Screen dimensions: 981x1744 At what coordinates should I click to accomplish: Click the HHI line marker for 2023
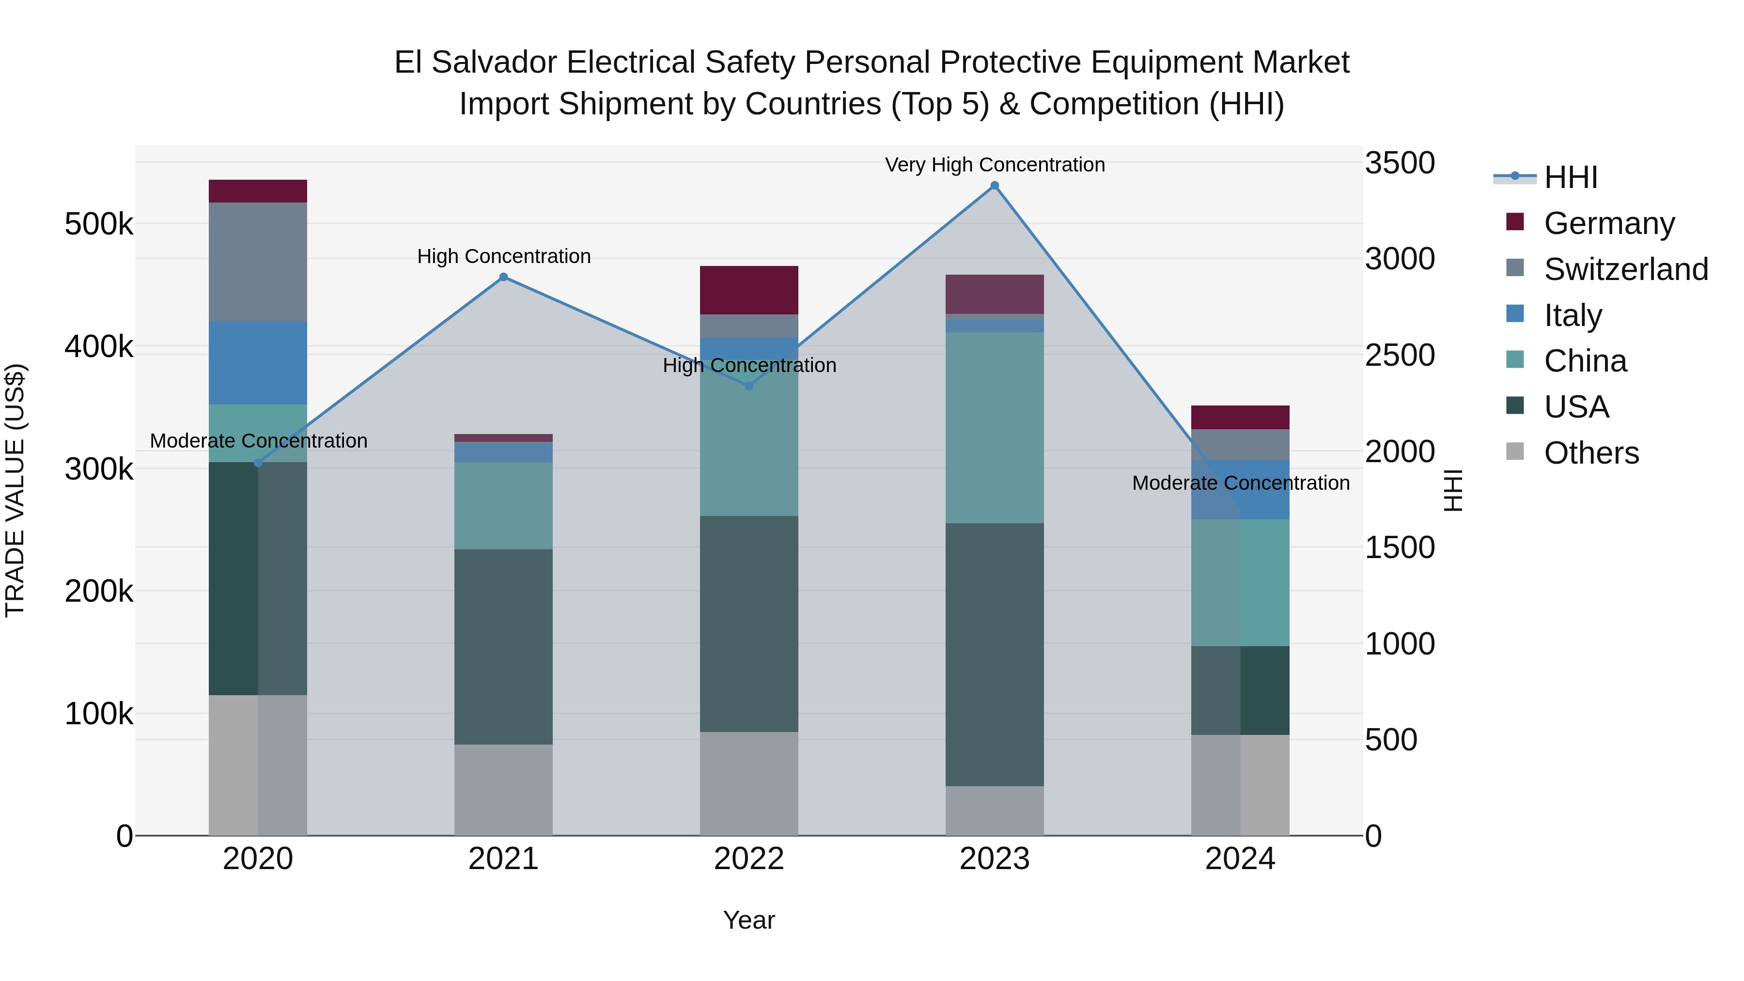click(x=995, y=186)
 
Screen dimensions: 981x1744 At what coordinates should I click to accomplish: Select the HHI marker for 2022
click(x=749, y=386)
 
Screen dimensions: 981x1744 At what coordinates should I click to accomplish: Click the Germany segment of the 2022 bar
click(x=749, y=290)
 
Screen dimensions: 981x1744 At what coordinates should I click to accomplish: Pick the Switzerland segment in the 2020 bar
click(x=258, y=262)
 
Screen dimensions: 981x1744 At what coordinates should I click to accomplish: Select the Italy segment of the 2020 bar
click(x=258, y=363)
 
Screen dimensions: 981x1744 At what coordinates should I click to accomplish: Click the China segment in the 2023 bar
click(x=995, y=427)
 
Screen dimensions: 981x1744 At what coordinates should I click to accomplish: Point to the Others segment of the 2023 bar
click(x=995, y=810)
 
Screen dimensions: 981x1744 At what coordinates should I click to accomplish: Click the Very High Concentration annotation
click(x=995, y=165)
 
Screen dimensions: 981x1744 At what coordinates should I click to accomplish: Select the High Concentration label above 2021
click(x=504, y=257)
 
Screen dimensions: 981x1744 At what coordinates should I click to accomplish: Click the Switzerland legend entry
click(x=1625, y=269)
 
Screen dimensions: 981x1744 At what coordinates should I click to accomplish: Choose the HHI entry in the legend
click(x=1570, y=177)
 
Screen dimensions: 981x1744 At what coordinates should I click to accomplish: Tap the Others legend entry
click(x=1590, y=453)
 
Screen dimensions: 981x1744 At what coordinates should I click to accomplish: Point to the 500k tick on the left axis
click(x=99, y=224)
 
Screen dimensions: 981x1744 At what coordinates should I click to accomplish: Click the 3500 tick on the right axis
click(x=1399, y=163)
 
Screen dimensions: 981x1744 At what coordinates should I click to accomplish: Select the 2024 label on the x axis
click(x=1240, y=859)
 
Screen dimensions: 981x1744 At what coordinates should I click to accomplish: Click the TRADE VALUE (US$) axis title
click(x=15, y=490)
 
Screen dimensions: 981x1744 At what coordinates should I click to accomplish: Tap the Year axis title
click(x=749, y=920)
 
